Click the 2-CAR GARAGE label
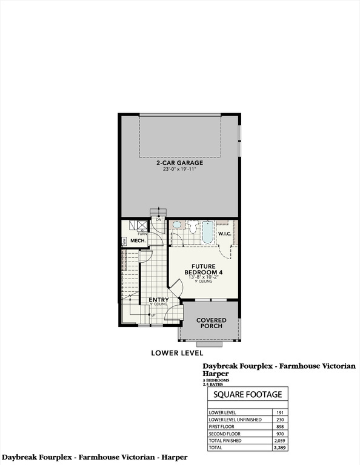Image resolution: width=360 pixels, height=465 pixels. [180, 163]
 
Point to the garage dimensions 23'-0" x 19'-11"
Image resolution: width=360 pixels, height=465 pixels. [180, 170]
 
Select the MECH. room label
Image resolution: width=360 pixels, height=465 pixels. [132, 241]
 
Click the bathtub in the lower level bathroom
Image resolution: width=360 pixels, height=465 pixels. [207, 232]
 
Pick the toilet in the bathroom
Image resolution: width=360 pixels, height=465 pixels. [191, 228]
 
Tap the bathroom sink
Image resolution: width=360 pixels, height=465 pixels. [177, 225]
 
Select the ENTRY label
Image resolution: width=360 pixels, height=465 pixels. [150, 299]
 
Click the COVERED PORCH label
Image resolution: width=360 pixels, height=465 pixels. [211, 323]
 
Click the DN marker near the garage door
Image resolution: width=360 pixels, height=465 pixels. [158, 219]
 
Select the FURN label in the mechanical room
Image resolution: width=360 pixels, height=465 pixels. [141, 234]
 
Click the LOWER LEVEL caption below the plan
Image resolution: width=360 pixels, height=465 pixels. [177, 352]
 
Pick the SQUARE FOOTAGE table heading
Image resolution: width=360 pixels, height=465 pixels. [248, 394]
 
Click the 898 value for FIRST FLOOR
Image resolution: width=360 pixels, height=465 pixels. [279, 426]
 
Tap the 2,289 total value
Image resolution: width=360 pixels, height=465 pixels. [279, 449]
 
